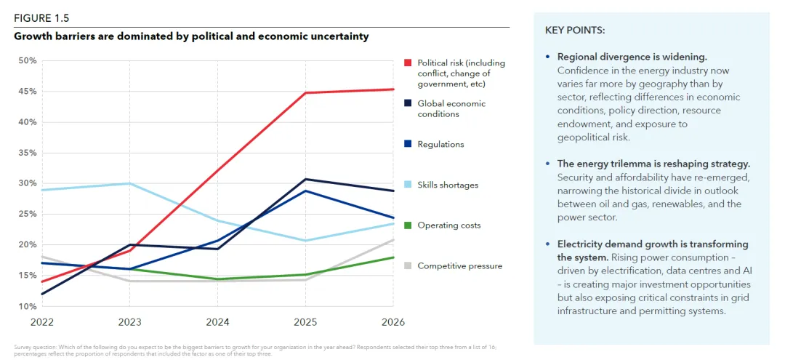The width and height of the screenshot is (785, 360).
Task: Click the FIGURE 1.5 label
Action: pos(41,18)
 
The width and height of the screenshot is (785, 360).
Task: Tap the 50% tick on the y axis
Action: pos(27,60)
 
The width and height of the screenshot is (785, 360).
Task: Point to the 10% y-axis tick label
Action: pos(27,306)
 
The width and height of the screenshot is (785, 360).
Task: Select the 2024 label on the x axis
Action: pos(217,321)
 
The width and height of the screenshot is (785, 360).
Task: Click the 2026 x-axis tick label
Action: pos(393,321)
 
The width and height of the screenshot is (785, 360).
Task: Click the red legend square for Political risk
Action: pos(408,63)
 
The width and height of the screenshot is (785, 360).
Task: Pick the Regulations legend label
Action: pos(440,145)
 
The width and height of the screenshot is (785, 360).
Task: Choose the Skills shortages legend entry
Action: pos(448,185)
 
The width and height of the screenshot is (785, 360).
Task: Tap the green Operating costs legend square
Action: pos(408,225)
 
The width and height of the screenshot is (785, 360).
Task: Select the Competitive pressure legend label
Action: pos(459,266)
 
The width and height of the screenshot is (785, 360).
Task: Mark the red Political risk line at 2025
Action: pos(305,93)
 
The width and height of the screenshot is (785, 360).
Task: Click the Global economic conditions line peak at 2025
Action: pos(305,179)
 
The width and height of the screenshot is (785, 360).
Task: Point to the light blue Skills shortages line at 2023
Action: pos(129,183)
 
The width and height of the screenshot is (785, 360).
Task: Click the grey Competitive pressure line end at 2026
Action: pos(393,239)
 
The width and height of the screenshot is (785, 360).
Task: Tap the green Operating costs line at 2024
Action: pos(217,279)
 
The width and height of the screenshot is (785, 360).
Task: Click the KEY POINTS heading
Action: pos(574,31)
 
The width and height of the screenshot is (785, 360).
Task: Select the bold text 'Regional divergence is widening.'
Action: pos(632,57)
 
